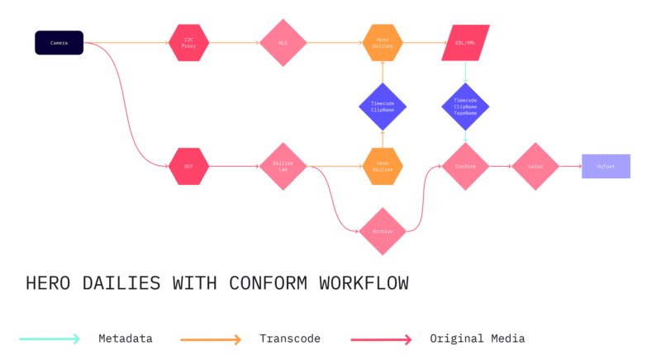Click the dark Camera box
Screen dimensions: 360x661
click(x=59, y=42)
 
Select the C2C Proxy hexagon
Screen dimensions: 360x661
click(x=189, y=42)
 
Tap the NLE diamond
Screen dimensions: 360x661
click(x=283, y=42)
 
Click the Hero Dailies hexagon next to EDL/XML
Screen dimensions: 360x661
click(x=383, y=42)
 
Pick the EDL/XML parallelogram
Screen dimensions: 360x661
click(x=465, y=42)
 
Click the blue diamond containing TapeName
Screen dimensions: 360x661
click(x=465, y=107)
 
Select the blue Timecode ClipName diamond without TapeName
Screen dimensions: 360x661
click(x=383, y=107)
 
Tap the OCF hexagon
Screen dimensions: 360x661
click(x=189, y=166)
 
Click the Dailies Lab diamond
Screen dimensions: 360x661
click(x=283, y=166)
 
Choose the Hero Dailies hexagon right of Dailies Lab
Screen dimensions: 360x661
click(x=383, y=166)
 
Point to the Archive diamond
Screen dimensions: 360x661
click(x=383, y=231)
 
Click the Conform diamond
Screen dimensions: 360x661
click(x=465, y=166)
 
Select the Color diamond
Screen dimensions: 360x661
click(x=535, y=166)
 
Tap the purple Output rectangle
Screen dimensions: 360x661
click(x=606, y=166)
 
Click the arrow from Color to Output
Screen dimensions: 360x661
click(x=570, y=166)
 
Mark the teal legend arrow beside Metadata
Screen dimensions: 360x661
click(x=50, y=339)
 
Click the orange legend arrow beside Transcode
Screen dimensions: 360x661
click(x=210, y=339)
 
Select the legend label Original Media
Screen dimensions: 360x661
click(x=477, y=339)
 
